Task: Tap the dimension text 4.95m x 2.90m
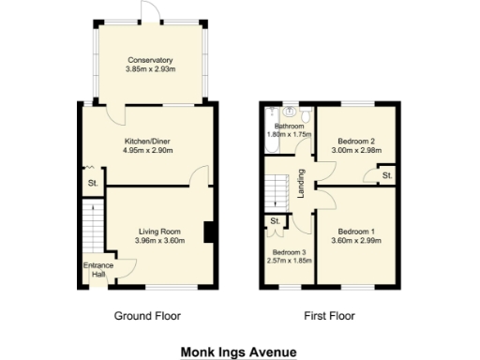click(x=147, y=150)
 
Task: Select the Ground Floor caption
click(x=147, y=316)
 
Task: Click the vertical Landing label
click(x=301, y=178)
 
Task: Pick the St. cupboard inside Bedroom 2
click(x=386, y=173)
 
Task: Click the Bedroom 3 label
click(x=289, y=253)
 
